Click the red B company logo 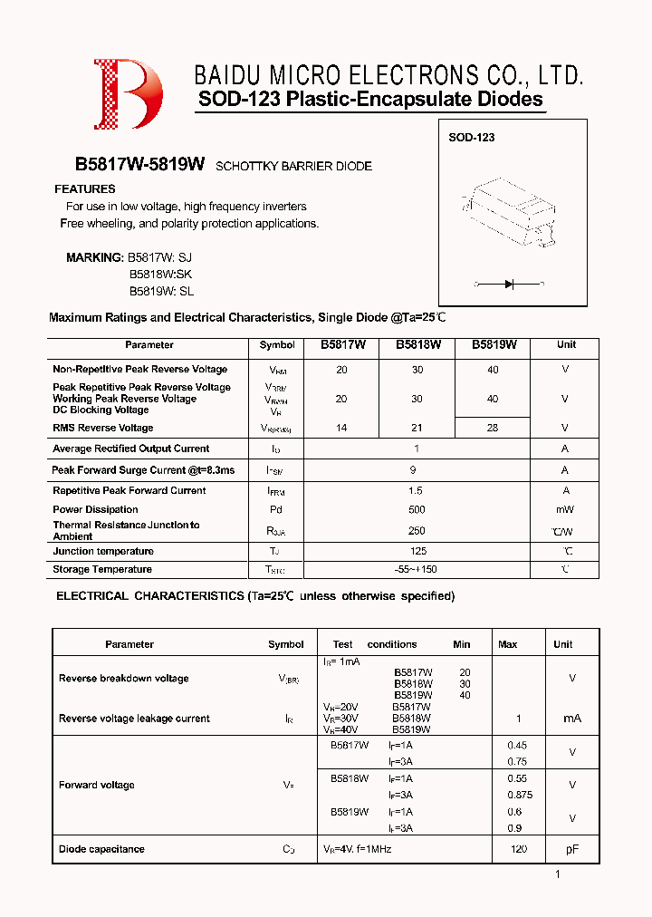(x=128, y=94)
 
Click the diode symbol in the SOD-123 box (x=508, y=284)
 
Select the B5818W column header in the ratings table (x=417, y=345)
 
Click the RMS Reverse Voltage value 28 (x=492, y=428)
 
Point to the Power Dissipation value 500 (x=417, y=509)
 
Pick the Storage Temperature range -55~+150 (x=417, y=569)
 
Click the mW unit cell (x=565, y=509)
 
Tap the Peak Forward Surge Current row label (x=143, y=470)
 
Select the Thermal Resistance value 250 (x=417, y=530)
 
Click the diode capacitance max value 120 (x=519, y=849)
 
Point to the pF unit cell (x=571, y=849)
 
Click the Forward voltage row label (x=97, y=785)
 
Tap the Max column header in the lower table (x=507, y=644)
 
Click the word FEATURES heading (x=85, y=189)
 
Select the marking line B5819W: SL (x=161, y=292)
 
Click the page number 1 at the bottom (x=558, y=874)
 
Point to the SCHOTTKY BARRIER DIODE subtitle (x=293, y=167)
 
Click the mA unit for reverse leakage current (x=571, y=718)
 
